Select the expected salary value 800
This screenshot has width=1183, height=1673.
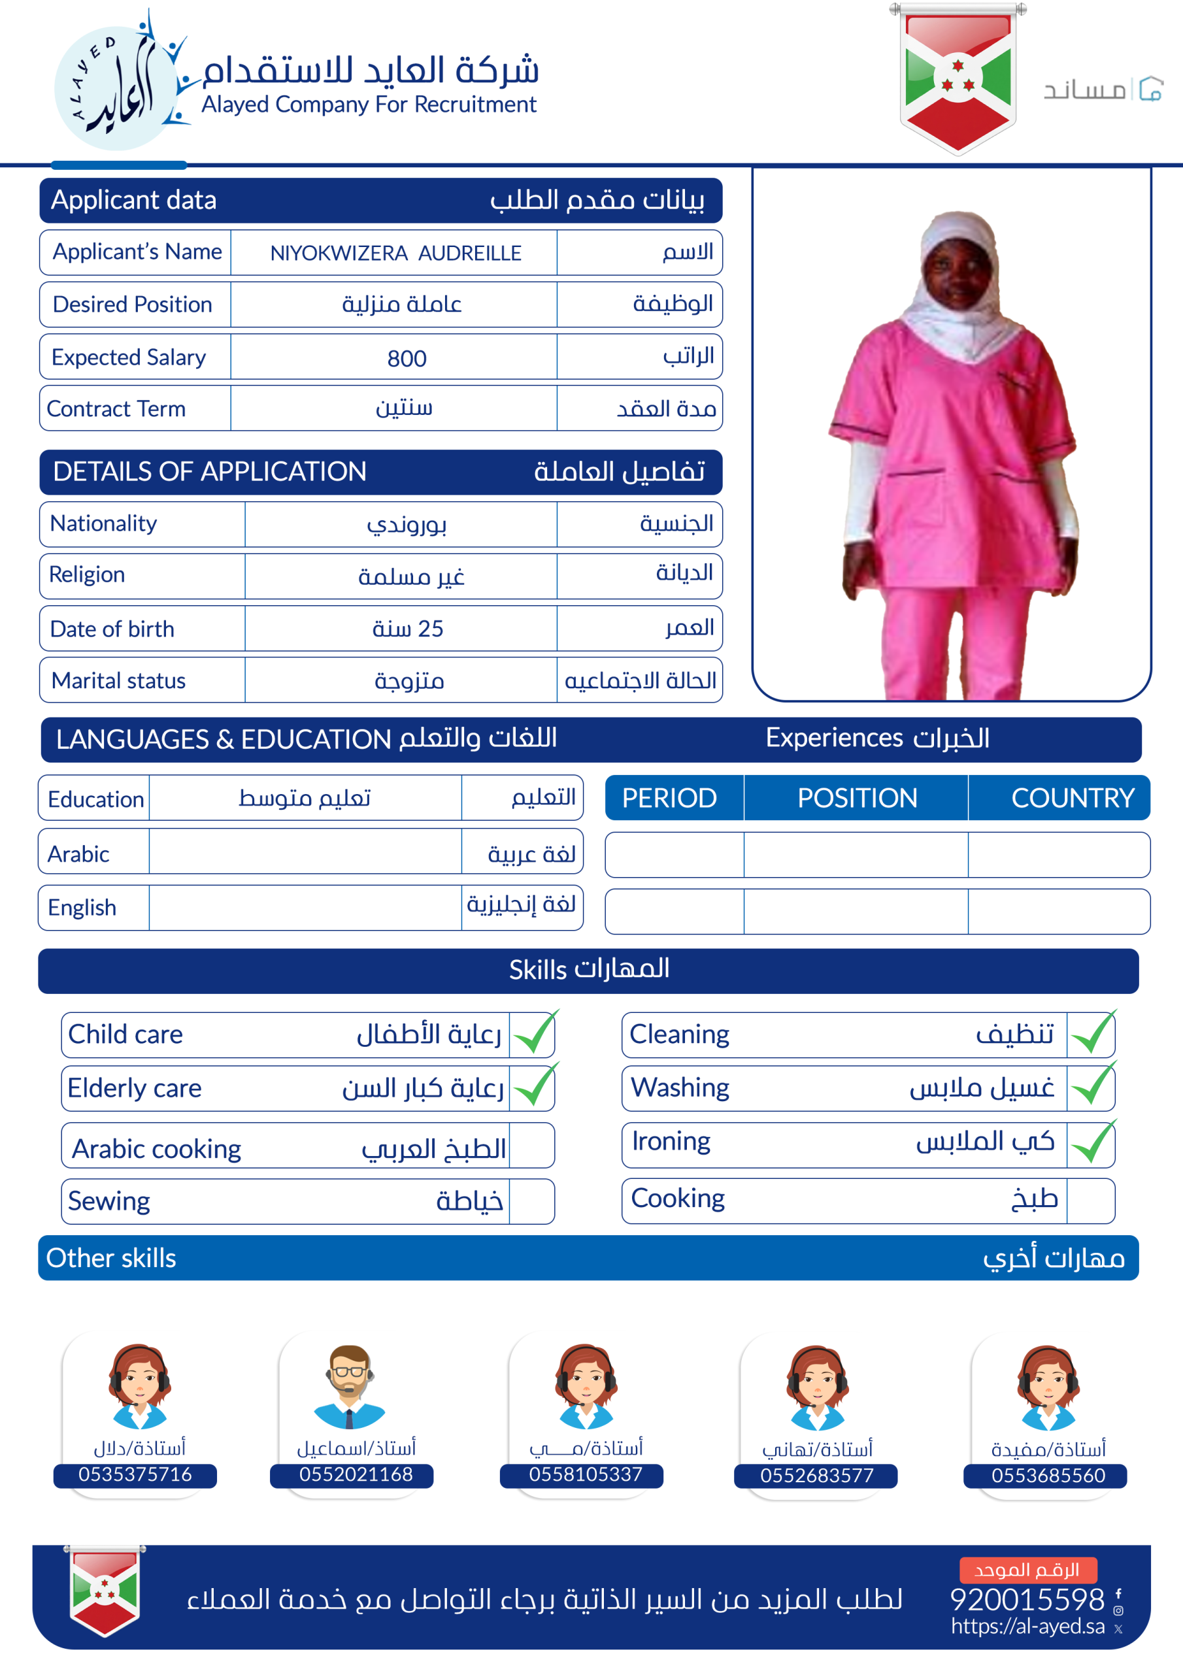407,357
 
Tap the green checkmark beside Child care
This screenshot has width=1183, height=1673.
534,1033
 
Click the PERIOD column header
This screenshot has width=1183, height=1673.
669,798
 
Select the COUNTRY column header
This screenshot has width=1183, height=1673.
1072,798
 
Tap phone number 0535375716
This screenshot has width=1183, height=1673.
135,1474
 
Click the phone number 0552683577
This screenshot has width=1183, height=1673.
816,1475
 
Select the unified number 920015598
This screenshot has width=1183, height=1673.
1027,1599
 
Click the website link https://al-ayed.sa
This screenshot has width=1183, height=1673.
1027,1626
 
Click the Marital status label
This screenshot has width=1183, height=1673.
119,680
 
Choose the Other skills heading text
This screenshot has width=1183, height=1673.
111,1257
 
